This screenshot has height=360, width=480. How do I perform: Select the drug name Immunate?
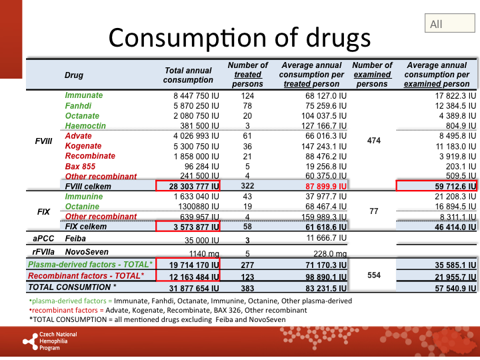[83, 95]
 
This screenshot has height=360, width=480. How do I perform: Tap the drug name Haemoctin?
[87, 126]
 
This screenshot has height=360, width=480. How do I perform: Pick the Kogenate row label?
[84, 146]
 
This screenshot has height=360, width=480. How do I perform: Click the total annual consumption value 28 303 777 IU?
[188, 187]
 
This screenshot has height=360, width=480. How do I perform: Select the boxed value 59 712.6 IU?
[437, 187]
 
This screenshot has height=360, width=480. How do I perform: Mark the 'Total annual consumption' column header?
[188, 75]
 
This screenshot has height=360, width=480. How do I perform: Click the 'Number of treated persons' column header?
[247, 75]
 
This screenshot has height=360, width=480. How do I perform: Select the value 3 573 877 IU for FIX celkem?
[188, 227]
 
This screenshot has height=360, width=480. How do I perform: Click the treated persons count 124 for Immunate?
[247, 95]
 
